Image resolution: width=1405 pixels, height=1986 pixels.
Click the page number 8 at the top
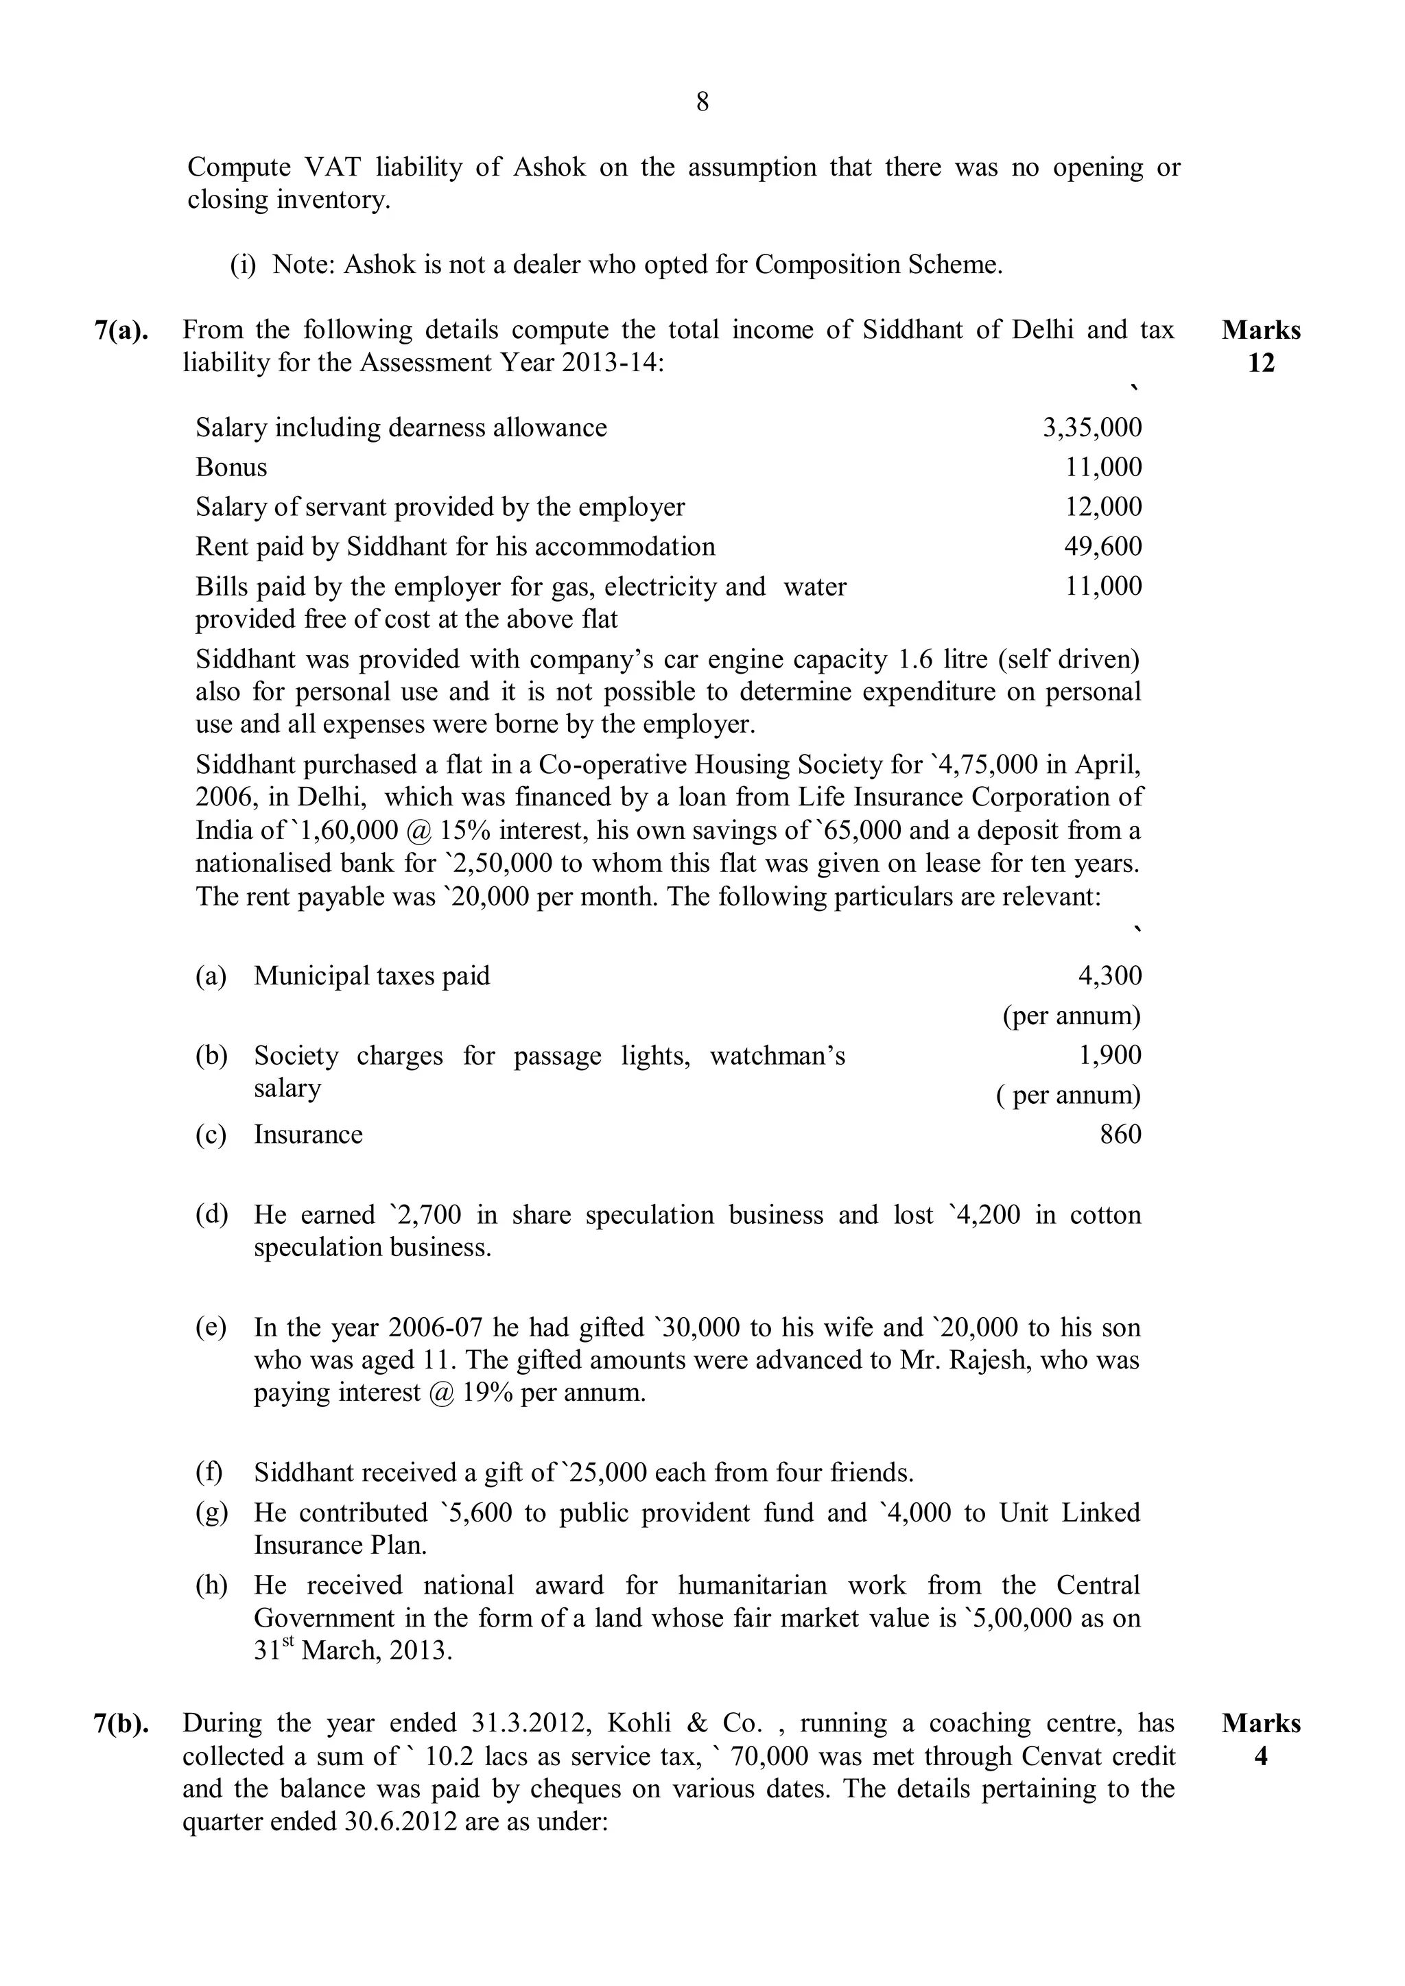pyautogui.click(x=702, y=103)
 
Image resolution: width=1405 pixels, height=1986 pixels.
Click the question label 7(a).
pyautogui.click(x=121, y=331)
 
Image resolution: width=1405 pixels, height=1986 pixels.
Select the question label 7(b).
pyautogui.click(x=121, y=1724)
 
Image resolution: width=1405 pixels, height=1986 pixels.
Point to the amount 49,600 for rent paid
pyautogui.click(x=1102, y=547)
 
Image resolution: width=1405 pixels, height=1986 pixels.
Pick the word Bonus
pyautogui.click(x=231, y=467)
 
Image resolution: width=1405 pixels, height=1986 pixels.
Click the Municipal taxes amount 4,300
pyautogui.click(x=1109, y=976)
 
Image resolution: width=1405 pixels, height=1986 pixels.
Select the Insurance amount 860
pyautogui.click(x=1120, y=1134)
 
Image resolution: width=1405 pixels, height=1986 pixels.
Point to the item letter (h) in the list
pyautogui.click(x=211, y=1585)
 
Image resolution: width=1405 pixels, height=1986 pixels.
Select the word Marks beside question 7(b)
pyautogui.click(x=1260, y=1724)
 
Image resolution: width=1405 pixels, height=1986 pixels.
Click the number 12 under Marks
pyautogui.click(x=1260, y=364)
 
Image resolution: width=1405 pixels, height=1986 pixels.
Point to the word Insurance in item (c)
pyautogui.click(x=308, y=1134)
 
